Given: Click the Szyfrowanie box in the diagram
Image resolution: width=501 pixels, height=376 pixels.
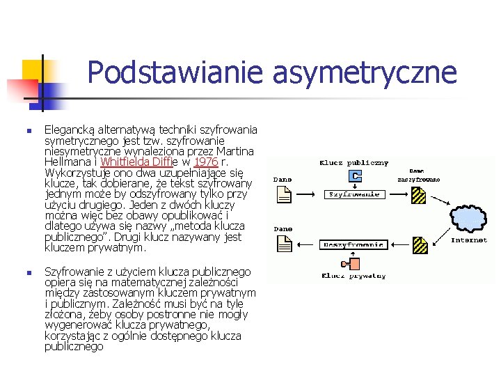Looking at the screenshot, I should (x=354, y=193).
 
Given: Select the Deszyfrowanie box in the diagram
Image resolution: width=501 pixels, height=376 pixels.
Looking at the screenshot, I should (x=354, y=244).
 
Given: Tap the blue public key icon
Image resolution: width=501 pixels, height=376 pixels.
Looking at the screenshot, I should (x=356, y=176).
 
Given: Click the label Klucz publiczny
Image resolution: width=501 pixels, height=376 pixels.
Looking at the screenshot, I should (x=354, y=164).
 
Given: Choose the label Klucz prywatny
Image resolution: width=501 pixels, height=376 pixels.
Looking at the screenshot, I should (x=354, y=276).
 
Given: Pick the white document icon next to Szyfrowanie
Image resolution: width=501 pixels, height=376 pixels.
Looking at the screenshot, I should (x=283, y=196).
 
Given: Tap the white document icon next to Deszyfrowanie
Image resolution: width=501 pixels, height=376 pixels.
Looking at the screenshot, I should (x=283, y=244).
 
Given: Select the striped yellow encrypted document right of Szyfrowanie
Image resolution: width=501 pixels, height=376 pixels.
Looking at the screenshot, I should (x=417, y=195).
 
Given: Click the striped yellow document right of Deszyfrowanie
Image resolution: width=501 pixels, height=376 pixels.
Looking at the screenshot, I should (x=418, y=245).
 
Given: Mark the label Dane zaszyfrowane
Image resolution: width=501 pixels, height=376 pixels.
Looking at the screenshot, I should (x=418, y=175).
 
